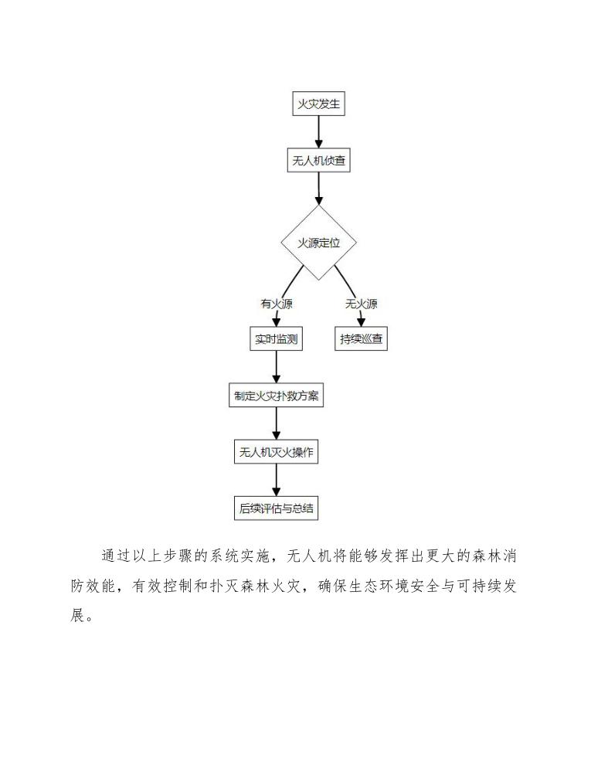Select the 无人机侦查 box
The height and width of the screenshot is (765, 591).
pos(318,161)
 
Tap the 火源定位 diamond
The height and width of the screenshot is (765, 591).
pos(318,243)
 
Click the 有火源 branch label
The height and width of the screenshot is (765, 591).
pos(276,304)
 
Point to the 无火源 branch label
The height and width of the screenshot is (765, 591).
pos(361,304)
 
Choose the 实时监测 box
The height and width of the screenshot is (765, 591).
pos(276,338)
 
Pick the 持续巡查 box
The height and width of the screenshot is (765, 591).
pos(361,338)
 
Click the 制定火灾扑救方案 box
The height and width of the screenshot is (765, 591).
pos(276,396)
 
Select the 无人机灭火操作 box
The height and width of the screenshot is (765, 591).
pos(276,452)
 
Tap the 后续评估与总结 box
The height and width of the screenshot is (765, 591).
pos(276,508)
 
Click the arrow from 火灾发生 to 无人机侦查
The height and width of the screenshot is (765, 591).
pos(318,132)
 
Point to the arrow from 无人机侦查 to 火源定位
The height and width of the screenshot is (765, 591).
pos(318,189)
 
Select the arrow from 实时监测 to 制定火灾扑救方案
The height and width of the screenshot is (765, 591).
pos(276,367)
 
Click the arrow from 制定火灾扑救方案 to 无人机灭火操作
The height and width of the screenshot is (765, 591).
pos(276,424)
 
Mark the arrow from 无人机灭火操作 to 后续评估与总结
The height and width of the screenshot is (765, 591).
pos(276,480)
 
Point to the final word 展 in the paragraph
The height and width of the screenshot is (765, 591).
pos(78,616)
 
